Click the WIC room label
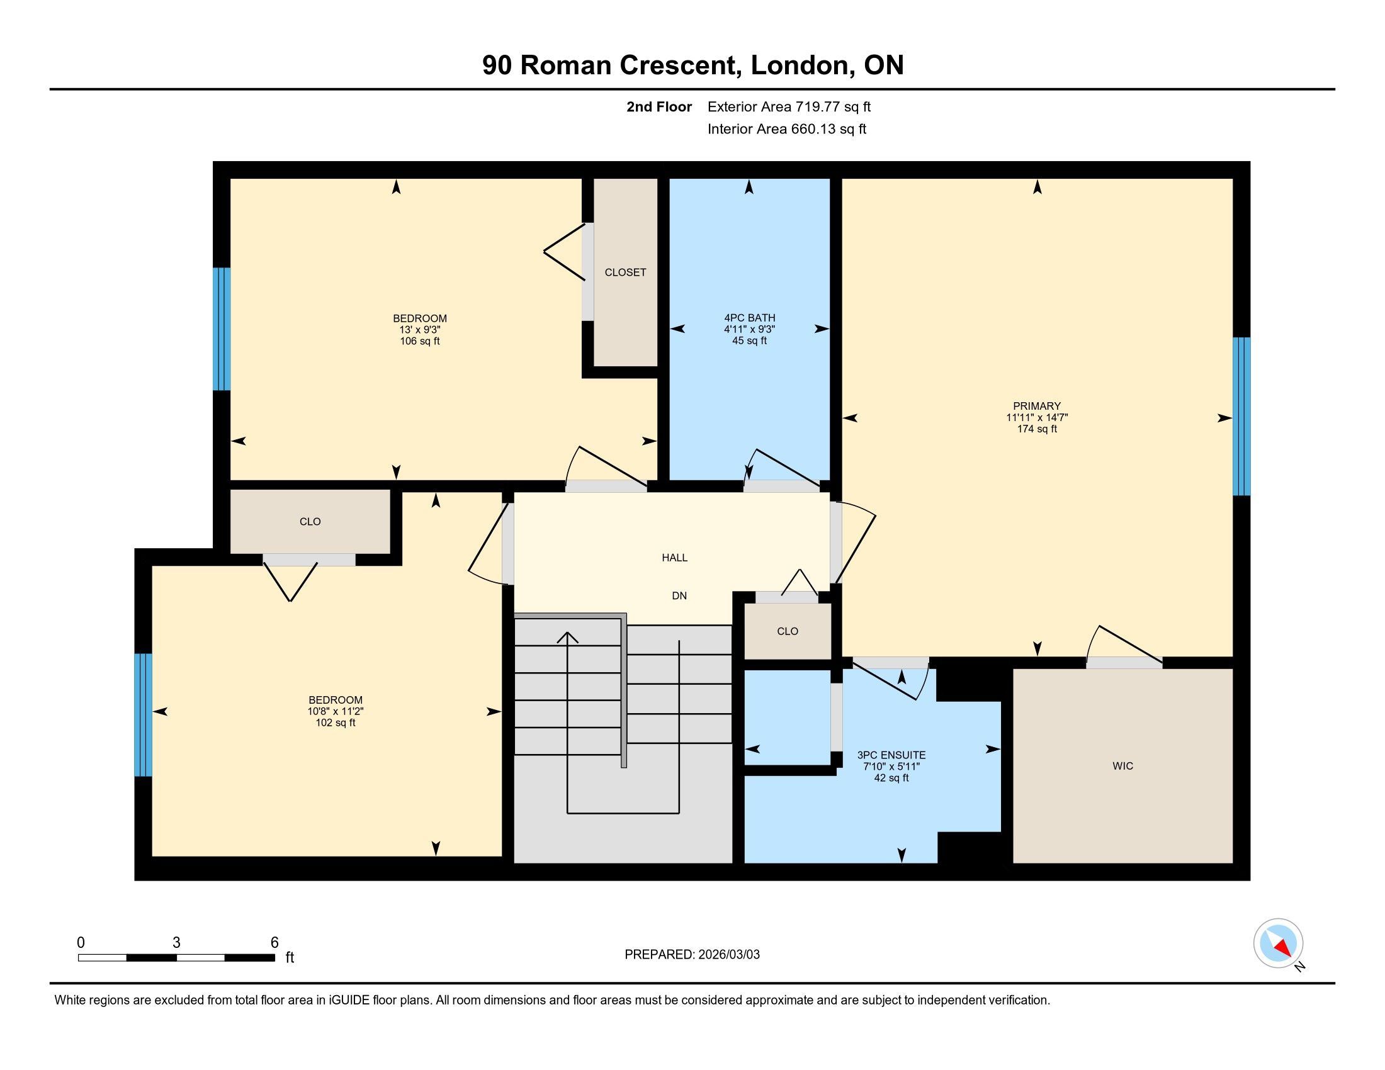pyautogui.click(x=1122, y=766)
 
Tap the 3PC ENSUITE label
pyautogui.click(x=891, y=755)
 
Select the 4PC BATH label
pyautogui.click(x=750, y=318)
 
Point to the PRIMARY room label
pyautogui.click(x=1037, y=407)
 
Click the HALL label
pyautogui.click(x=675, y=558)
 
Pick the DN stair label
pyautogui.click(x=679, y=596)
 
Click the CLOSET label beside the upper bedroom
pyautogui.click(x=625, y=273)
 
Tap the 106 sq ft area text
pyautogui.click(x=420, y=341)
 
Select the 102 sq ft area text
pyautogui.click(x=336, y=723)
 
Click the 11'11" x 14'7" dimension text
pyautogui.click(x=1037, y=417)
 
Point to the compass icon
pyautogui.click(x=1278, y=943)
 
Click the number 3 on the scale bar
pyautogui.click(x=176, y=943)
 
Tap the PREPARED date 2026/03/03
pyautogui.click(x=728, y=955)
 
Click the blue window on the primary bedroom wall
pyautogui.click(x=1241, y=416)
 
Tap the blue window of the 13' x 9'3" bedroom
pyautogui.click(x=222, y=329)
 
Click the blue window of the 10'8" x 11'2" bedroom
pyautogui.click(x=144, y=715)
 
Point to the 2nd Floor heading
pyautogui.click(x=659, y=107)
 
